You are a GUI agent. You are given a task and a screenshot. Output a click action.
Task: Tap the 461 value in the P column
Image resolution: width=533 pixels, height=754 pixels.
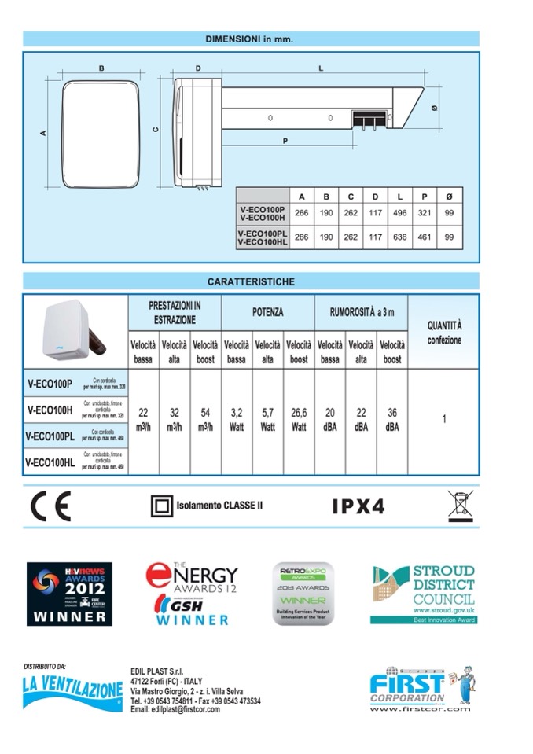tap(425, 237)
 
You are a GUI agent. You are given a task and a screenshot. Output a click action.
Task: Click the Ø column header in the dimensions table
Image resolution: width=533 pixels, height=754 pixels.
tap(450, 196)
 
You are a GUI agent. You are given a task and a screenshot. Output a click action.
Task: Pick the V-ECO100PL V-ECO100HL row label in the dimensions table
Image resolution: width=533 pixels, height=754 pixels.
tap(263, 237)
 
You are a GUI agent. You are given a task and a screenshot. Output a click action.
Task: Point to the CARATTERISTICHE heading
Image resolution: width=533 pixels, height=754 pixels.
tap(251, 281)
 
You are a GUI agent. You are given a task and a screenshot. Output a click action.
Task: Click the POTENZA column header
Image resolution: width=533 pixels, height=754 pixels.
tap(267, 312)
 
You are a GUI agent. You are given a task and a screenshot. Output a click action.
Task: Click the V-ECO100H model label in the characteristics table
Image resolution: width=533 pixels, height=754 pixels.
tap(50, 409)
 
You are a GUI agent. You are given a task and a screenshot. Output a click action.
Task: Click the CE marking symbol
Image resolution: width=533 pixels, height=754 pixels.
tap(50, 506)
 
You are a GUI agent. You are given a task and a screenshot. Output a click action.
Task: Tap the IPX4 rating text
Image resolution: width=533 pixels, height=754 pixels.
tap(358, 506)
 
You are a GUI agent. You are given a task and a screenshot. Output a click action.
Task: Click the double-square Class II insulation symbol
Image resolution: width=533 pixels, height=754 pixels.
tap(161, 506)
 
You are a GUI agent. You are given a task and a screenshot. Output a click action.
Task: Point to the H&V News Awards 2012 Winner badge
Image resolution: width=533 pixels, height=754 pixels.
tap(69, 594)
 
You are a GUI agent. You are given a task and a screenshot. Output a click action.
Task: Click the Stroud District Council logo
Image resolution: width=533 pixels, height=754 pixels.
tap(424, 594)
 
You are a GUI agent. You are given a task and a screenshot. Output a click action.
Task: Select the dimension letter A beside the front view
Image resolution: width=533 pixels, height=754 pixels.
tap(43, 133)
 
